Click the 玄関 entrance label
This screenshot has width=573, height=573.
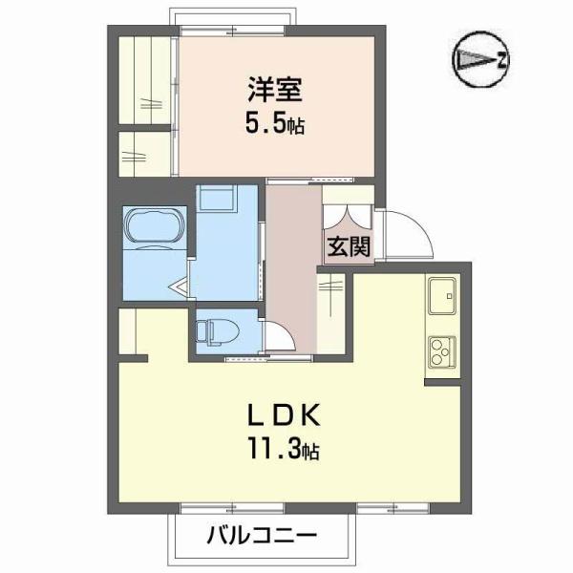click(348, 246)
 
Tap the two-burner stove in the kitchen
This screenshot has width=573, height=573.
click(443, 351)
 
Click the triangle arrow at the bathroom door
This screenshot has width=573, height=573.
click(179, 283)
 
